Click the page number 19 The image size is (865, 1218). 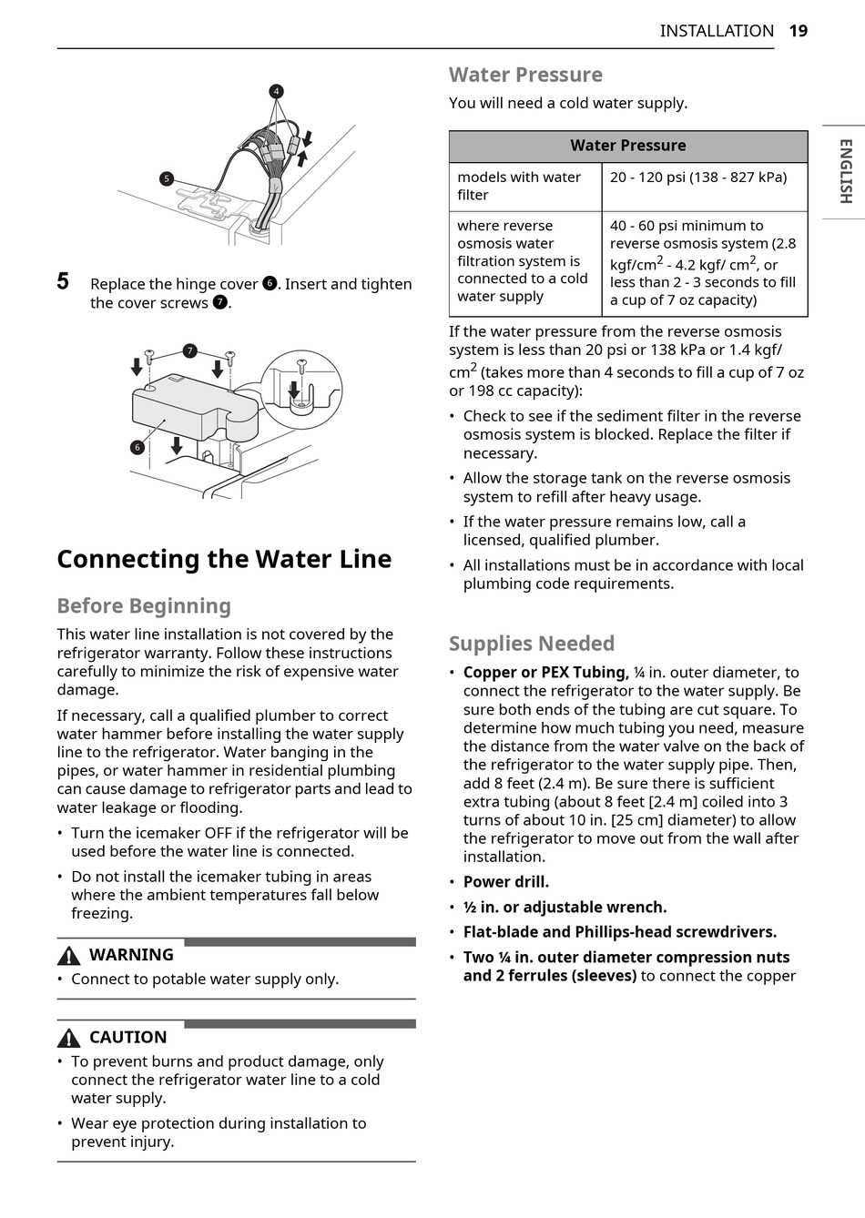click(798, 31)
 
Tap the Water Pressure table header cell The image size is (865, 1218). click(628, 146)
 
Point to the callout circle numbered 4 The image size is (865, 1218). click(276, 91)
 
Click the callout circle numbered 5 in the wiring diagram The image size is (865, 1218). click(167, 179)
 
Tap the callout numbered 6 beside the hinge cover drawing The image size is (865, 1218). click(137, 447)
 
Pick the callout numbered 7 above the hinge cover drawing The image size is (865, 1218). click(189, 350)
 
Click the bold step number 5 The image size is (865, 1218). click(63, 281)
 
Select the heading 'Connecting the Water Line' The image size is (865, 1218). click(224, 559)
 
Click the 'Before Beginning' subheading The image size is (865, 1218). click(144, 606)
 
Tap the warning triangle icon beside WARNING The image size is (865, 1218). click(68, 956)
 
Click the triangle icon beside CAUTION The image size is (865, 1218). click(68, 1038)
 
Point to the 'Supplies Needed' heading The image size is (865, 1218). click(532, 644)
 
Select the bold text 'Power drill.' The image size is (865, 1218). click(506, 882)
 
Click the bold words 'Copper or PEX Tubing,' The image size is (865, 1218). click(545, 673)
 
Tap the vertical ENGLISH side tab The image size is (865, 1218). click(845, 171)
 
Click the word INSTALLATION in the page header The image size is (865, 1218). click(717, 31)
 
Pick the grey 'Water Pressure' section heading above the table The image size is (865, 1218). click(525, 75)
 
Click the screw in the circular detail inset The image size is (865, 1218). click(301, 367)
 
